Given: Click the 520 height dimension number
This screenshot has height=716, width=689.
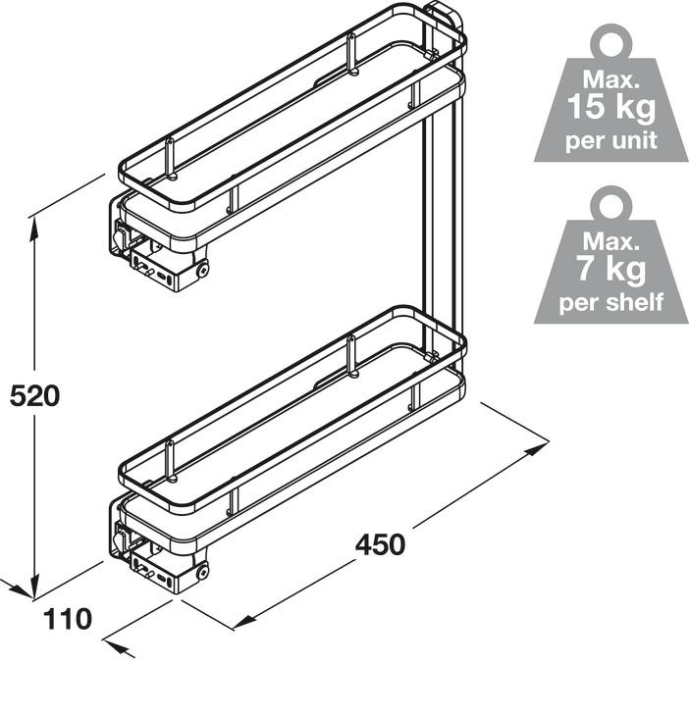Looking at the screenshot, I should pyautogui.click(x=35, y=396).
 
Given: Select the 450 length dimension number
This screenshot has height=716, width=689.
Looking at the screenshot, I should pyautogui.click(x=380, y=544).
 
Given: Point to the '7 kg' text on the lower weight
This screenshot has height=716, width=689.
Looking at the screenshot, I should pyautogui.click(x=611, y=267).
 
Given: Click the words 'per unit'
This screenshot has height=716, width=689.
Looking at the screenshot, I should pyautogui.click(x=611, y=138).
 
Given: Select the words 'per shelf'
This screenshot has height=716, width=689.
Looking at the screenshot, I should pyautogui.click(x=611, y=300).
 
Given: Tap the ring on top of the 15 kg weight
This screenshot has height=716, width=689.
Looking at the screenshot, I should pyautogui.click(x=611, y=41).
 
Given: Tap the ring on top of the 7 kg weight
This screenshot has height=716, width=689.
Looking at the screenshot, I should pyautogui.click(x=611, y=203).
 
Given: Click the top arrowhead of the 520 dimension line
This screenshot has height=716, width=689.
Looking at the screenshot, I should pyautogui.click(x=35, y=225).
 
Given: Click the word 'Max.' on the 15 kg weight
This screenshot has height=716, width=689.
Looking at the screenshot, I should pyautogui.click(x=610, y=77).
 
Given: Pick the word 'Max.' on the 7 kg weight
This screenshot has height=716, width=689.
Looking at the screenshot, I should pyautogui.click(x=610, y=238).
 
